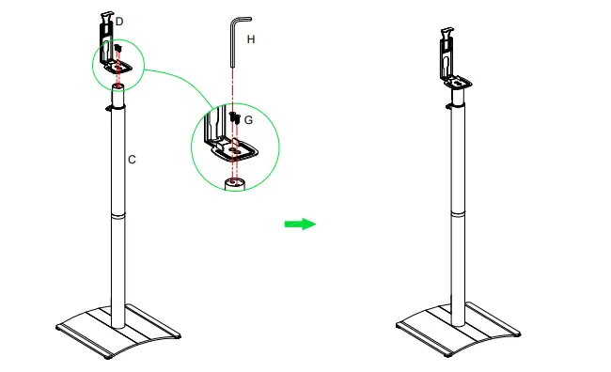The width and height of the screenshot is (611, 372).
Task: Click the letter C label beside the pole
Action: [x=132, y=161]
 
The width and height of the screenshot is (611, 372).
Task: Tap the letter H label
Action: [x=250, y=39]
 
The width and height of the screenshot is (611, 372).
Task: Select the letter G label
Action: [x=248, y=121]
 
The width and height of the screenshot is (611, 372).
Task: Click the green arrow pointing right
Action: [x=300, y=224]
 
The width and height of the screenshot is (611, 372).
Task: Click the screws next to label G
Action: [x=233, y=117]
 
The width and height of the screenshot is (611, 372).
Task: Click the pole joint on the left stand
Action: [x=117, y=216]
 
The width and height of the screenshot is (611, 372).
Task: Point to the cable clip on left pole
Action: [x=110, y=108]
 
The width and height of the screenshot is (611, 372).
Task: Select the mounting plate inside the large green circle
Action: [x=235, y=148]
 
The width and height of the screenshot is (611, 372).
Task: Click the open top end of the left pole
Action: [x=117, y=87]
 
